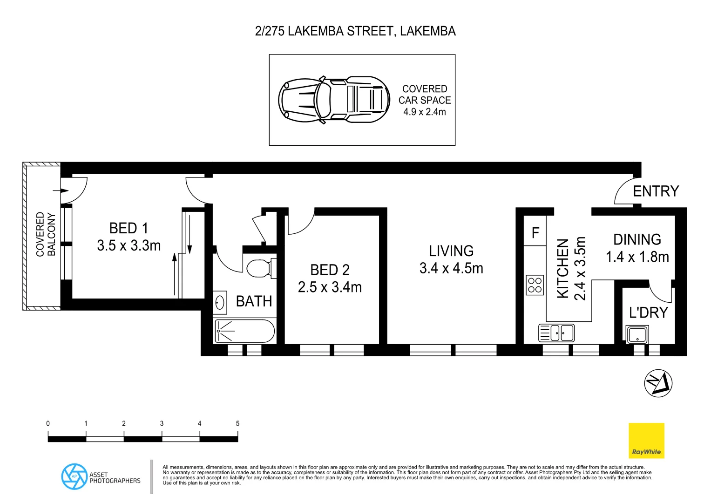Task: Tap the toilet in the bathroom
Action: [x=259, y=268]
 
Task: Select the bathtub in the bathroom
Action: [x=244, y=331]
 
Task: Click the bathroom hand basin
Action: [x=220, y=303]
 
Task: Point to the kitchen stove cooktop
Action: [x=535, y=285]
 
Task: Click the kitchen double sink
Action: [x=556, y=333]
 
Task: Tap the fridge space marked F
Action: [x=535, y=232]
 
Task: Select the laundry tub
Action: [x=637, y=335]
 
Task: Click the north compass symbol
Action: [x=658, y=383]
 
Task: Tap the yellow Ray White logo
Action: [x=646, y=440]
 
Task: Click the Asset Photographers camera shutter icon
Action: [x=74, y=476]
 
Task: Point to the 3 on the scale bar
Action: [x=162, y=423]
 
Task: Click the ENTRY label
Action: [x=656, y=191]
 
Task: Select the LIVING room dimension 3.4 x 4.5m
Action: [x=451, y=269]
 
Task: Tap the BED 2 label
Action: [x=330, y=270]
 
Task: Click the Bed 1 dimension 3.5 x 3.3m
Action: [x=129, y=245]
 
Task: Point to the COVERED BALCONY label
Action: [x=46, y=234]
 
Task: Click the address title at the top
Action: [x=355, y=31]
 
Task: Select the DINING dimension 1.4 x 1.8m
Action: [x=637, y=257]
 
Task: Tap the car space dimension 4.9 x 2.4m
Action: [x=424, y=112]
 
